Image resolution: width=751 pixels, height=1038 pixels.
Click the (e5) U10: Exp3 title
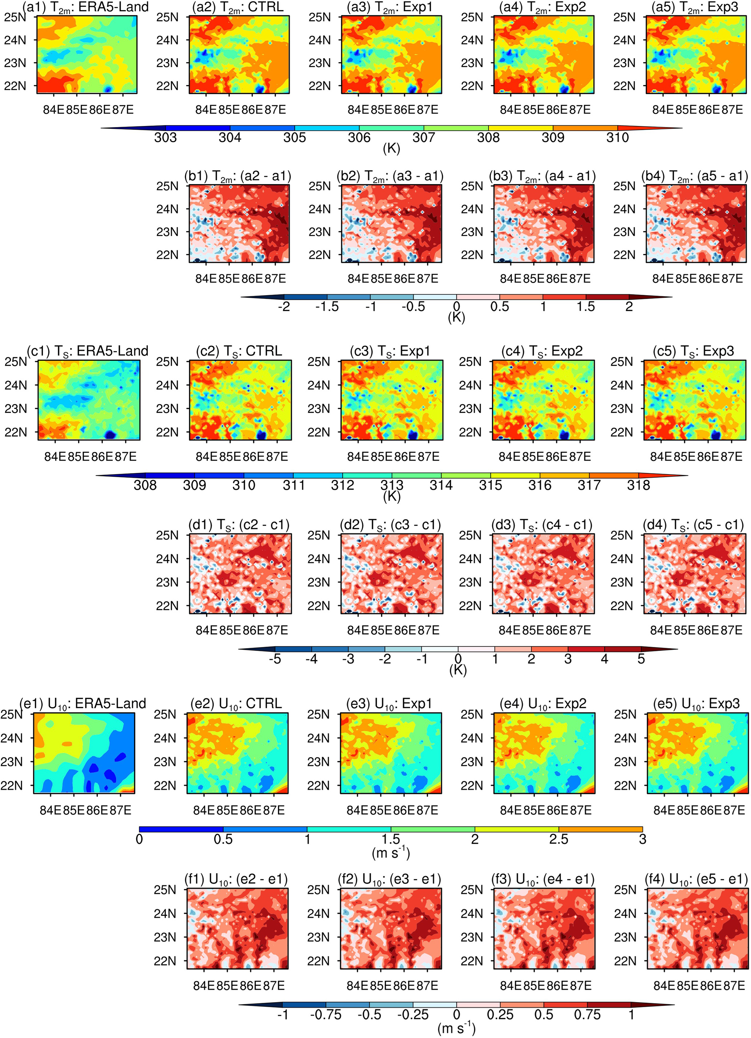click(x=696, y=704)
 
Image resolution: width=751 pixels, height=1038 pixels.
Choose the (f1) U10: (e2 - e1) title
click(x=236, y=879)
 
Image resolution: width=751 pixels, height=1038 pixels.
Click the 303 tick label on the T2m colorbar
click(x=165, y=137)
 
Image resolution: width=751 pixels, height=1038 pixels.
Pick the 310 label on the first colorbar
click(x=617, y=137)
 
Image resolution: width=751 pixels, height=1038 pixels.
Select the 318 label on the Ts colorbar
click(x=638, y=485)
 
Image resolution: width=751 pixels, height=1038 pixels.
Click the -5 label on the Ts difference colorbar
click(x=275, y=659)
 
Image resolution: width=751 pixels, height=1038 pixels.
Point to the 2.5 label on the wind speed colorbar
click(x=559, y=839)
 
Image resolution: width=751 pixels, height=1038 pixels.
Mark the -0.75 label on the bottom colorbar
click(x=326, y=1015)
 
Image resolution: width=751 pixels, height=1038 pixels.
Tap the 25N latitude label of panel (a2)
click(x=167, y=17)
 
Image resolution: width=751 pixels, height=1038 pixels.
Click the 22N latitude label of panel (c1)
click(x=16, y=432)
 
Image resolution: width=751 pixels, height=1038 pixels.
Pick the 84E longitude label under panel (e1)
click(x=51, y=810)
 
